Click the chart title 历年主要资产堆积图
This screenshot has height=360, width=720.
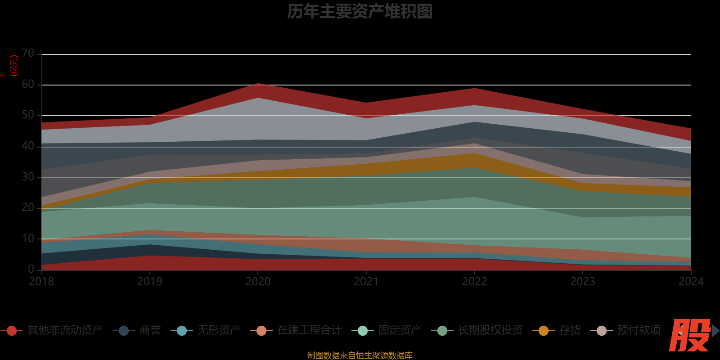pos(360,12)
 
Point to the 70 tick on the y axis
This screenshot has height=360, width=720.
pos(28,54)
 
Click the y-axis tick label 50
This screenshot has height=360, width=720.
pos(28,115)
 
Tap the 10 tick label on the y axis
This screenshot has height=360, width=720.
pos(28,238)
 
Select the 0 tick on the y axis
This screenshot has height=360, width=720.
pos(31,269)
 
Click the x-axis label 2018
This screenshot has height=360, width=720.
pos(41,282)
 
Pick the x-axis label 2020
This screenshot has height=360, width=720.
pos(258,282)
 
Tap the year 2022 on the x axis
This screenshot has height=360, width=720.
pos(474,282)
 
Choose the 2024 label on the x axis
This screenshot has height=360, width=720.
pos(691,282)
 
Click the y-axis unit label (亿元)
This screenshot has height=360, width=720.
pos(14,66)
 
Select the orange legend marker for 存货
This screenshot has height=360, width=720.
pos(544,331)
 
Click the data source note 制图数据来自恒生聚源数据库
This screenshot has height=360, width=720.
pos(360,355)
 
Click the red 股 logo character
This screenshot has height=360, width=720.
pos(689,335)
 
